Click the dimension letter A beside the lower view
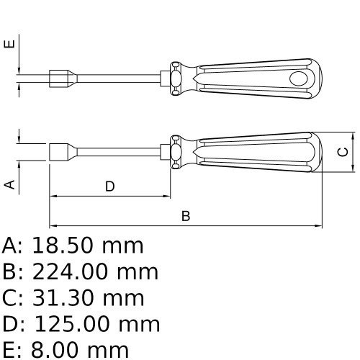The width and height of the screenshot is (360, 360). pos(10,184)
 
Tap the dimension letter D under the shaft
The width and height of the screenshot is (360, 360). pos(109,186)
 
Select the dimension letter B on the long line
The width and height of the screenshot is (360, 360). pos(185,216)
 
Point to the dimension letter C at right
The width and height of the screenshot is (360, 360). pos(344,152)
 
